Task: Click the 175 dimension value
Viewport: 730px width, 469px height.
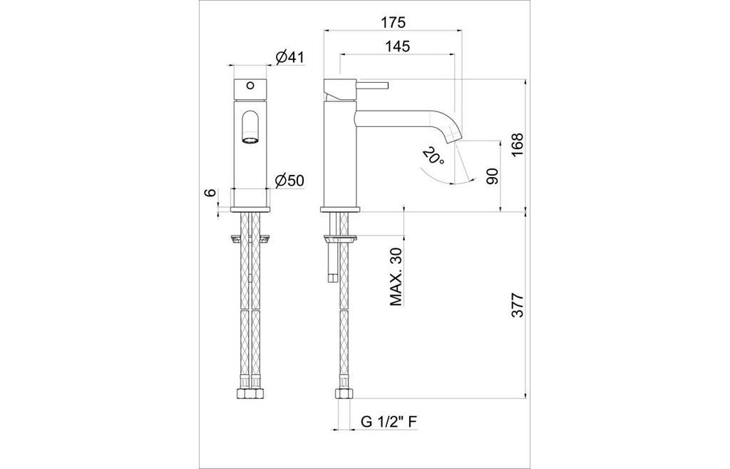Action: point(393,22)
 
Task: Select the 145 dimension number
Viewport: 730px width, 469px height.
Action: point(398,46)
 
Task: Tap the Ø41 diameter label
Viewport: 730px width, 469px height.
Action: point(289,58)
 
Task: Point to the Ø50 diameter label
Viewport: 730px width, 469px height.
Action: point(289,181)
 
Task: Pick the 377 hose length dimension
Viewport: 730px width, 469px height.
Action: point(518,306)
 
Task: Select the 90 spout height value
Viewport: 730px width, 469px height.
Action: point(492,176)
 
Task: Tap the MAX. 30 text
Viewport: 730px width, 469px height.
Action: point(396,276)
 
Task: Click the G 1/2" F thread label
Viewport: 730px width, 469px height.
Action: point(389,422)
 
